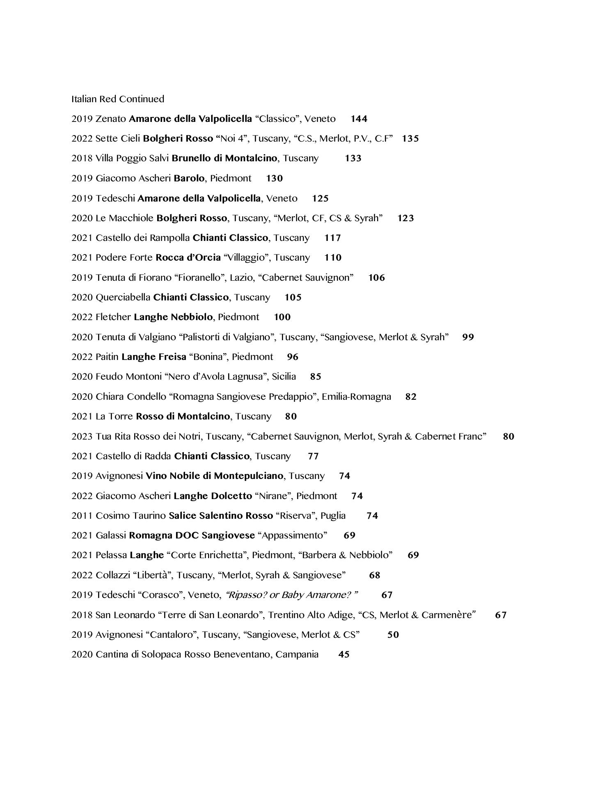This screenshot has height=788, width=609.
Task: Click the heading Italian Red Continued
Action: (118, 99)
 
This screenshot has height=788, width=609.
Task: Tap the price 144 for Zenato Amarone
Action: (359, 119)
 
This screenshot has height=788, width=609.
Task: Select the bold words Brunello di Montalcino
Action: (224, 158)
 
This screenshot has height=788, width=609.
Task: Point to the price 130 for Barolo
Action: (274, 179)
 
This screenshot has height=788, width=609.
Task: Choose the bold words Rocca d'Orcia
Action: (188, 258)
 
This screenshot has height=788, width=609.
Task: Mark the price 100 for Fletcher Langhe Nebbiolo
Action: (282, 317)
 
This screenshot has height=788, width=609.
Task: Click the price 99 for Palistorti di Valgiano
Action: (468, 337)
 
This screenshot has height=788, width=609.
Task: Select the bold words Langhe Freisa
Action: (154, 357)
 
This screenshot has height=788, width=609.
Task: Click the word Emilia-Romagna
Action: (356, 397)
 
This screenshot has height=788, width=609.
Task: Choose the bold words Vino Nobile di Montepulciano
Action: (214, 476)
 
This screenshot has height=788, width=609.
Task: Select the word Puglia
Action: (333, 515)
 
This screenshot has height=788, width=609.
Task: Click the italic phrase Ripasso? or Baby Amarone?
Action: (292, 595)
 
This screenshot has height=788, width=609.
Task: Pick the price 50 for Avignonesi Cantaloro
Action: (393, 635)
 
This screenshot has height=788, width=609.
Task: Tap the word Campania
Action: (297, 655)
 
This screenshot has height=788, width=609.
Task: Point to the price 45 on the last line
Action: (344, 655)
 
